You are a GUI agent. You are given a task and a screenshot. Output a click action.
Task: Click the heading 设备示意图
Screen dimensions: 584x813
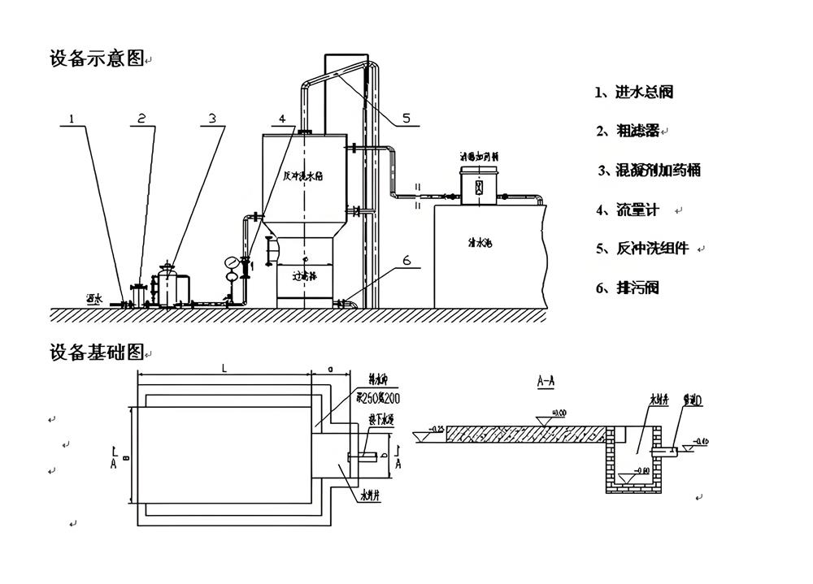(x=97, y=58)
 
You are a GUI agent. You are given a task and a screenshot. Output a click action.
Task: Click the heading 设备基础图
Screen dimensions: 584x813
(x=97, y=353)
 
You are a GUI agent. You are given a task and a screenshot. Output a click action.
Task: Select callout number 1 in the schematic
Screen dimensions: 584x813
(x=72, y=119)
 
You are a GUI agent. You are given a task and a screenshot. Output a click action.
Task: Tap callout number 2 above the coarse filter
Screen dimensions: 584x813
(x=141, y=119)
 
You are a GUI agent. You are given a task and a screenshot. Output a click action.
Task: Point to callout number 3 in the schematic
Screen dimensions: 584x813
(x=212, y=119)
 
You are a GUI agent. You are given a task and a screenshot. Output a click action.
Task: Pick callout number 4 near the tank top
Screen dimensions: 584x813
(x=282, y=119)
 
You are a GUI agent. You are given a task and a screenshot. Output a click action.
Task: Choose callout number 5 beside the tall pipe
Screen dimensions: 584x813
(x=407, y=119)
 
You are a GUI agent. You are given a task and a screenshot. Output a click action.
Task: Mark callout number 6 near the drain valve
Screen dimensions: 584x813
(x=407, y=262)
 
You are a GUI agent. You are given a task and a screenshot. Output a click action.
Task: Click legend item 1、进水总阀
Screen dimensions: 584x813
(x=634, y=93)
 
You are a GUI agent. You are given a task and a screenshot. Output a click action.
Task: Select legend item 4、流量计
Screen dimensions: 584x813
(x=627, y=210)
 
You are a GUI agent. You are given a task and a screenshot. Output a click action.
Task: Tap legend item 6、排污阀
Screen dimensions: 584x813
(x=627, y=288)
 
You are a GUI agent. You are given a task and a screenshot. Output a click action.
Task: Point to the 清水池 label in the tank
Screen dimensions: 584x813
(x=480, y=242)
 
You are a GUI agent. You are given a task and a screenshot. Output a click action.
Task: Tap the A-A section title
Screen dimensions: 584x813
(x=546, y=380)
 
